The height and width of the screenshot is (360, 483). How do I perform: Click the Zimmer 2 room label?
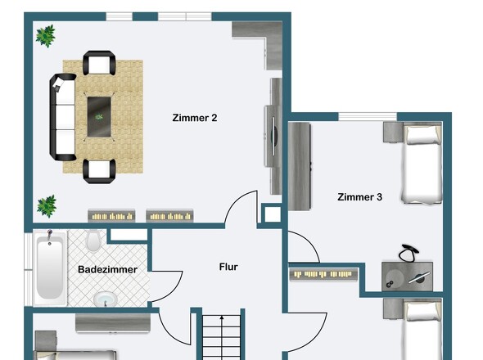(195, 118)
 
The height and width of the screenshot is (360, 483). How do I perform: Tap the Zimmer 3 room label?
(359, 197)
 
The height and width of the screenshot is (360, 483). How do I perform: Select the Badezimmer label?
(107, 269)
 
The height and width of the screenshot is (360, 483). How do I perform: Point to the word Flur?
(228, 267)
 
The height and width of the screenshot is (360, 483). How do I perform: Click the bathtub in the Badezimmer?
(50, 268)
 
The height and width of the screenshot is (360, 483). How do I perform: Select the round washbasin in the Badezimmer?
(106, 298)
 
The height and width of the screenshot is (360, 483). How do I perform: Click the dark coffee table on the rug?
(99, 117)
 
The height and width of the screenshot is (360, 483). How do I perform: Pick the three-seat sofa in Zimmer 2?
(63, 117)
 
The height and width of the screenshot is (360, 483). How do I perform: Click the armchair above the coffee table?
(99, 63)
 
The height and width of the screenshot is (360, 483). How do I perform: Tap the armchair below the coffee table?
(99, 171)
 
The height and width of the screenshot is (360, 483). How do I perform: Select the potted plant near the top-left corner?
(46, 36)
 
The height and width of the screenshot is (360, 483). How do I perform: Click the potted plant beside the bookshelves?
(47, 206)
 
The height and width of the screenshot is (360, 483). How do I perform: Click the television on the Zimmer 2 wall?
(273, 136)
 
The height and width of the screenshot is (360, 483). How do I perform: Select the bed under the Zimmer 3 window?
(422, 163)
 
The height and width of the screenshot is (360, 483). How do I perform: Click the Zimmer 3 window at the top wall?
(368, 117)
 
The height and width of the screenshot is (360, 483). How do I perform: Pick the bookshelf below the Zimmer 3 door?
(323, 274)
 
